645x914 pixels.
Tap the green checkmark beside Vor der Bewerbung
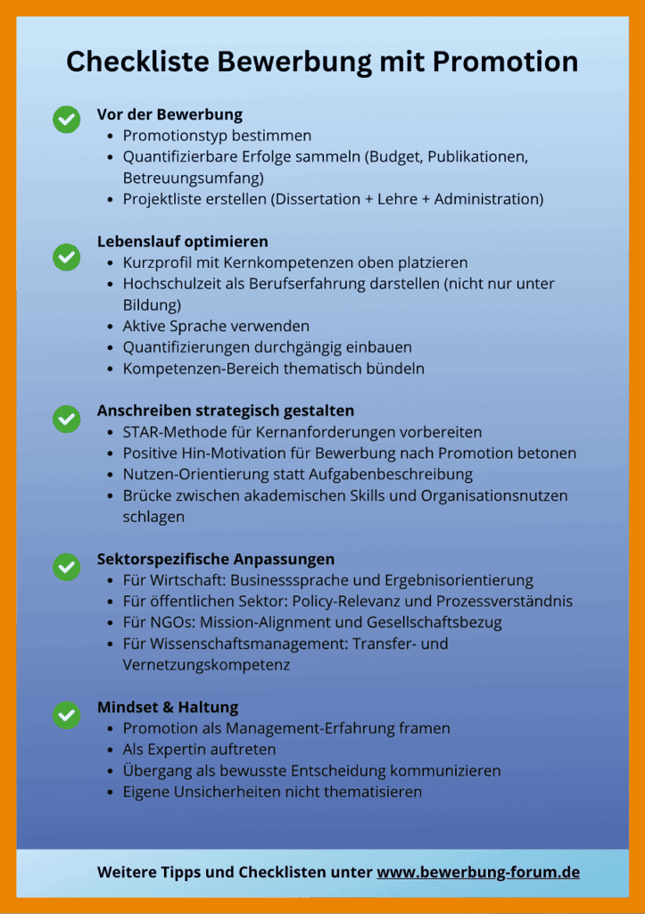[66, 119]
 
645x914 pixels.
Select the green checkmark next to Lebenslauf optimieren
[66, 257]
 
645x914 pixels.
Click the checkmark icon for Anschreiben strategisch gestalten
[66, 419]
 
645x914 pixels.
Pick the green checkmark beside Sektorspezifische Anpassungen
[66, 566]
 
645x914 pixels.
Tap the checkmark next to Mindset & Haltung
[66, 714]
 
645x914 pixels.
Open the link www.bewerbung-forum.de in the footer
[478, 872]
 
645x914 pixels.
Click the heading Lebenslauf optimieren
[182, 241]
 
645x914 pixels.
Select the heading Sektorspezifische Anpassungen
[216, 559]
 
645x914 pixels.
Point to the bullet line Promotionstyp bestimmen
[217, 136]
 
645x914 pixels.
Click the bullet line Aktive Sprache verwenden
[216, 326]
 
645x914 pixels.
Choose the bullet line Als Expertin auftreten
[199, 749]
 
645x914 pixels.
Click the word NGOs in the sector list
[167, 622]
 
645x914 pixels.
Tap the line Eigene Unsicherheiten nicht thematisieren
[272, 792]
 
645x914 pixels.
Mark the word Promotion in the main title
[505, 62]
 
